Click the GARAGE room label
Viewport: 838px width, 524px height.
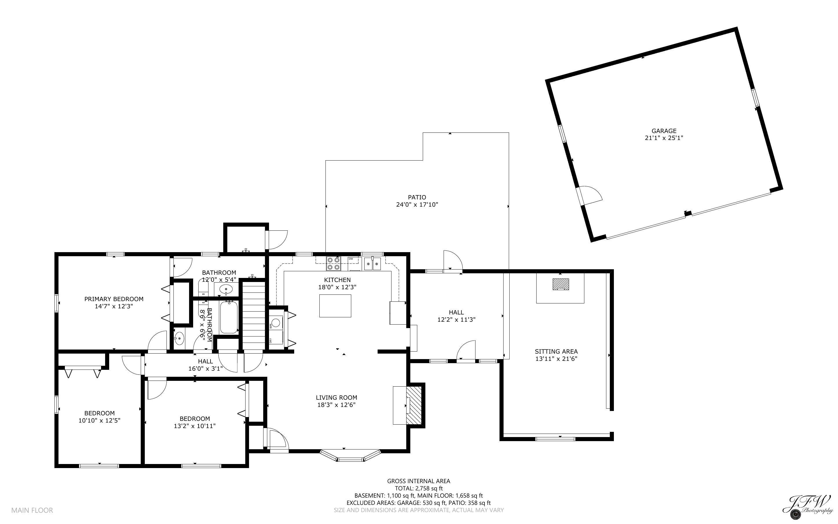pos(664,131)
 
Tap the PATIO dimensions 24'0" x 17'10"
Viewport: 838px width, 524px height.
pos(417,205)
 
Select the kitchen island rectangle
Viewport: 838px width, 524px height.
pos(335,306)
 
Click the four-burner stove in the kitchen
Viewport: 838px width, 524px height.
pos(333,263)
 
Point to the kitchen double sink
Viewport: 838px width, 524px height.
pos(372,264)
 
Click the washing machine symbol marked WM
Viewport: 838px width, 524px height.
pos(276,323)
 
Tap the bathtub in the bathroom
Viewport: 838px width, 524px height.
pos(229,317)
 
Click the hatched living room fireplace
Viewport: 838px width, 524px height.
pos(414,405)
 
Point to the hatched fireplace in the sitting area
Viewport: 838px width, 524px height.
pos(560,284)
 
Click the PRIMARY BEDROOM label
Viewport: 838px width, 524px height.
pos(114,299)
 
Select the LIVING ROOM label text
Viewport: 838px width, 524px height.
pos(336,398)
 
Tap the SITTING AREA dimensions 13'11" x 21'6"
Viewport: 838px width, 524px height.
pos(556,359)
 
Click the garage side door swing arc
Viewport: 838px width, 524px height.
pos(591,195)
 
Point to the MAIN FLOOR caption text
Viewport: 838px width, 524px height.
pos(32,510)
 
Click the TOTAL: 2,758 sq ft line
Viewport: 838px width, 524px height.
pos(418,488)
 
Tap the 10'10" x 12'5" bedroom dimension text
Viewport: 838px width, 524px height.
pos(99,420)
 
